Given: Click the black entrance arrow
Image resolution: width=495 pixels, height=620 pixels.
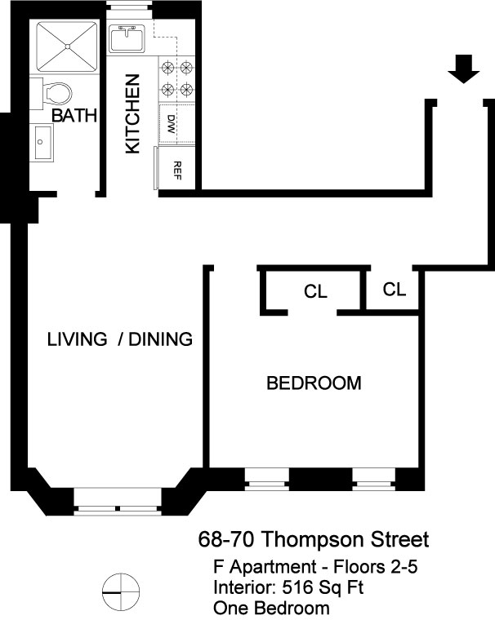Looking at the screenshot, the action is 463,69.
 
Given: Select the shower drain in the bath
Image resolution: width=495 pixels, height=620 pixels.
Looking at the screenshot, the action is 67,46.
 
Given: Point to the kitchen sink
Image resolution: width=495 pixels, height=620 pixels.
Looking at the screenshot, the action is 127,38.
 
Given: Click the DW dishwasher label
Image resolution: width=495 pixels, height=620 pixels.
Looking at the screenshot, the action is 172,124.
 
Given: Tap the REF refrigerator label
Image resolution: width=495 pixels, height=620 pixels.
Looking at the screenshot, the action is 177,170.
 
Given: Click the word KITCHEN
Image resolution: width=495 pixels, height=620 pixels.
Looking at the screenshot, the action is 132,114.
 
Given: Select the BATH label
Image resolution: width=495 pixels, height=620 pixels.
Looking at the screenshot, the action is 74,116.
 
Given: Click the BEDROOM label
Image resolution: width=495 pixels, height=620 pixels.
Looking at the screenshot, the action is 314,383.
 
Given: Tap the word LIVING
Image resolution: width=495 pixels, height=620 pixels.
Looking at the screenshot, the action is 78,339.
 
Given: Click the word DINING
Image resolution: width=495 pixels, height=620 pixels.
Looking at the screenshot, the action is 160,339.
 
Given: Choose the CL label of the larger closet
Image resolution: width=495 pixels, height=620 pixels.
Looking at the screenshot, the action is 315,291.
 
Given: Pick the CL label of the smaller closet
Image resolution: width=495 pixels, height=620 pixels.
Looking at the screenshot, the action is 395,290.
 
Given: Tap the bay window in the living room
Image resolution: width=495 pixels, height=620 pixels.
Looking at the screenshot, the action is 118,502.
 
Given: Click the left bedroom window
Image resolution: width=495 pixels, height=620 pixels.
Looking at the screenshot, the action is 267,479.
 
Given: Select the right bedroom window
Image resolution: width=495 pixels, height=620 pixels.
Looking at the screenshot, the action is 374,479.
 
